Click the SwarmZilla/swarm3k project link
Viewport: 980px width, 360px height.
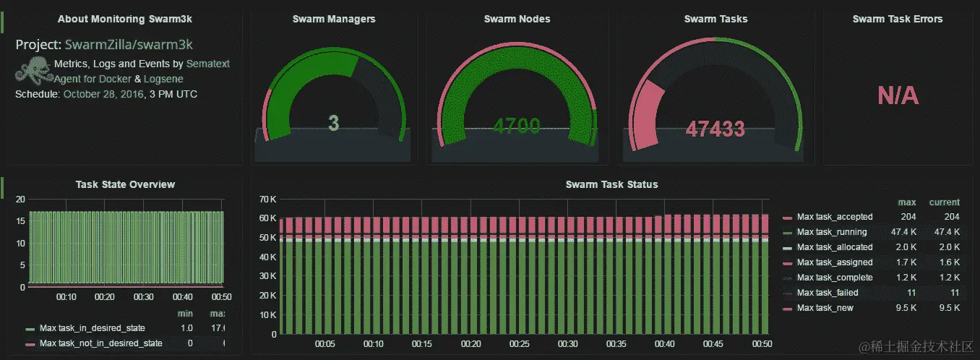(129, 45)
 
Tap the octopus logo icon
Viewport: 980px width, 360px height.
(33, 72)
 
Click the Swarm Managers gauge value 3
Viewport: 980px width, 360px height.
(333, 123)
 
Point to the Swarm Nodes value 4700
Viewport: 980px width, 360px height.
(517, 127)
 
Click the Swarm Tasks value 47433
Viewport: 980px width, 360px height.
(715, 129)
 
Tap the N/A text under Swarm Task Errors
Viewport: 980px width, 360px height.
(898, 95)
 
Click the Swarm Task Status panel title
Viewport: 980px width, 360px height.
(611, 184)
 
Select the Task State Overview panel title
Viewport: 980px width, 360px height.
(125, 184)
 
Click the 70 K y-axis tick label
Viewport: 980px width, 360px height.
(267, 199)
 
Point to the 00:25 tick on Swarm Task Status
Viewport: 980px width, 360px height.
(520, 344)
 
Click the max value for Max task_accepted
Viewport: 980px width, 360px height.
(908, 217)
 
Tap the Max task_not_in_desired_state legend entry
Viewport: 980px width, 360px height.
(100, 343)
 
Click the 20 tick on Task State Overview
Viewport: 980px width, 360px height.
(20, 199)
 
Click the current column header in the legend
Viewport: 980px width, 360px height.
(945, 202)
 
